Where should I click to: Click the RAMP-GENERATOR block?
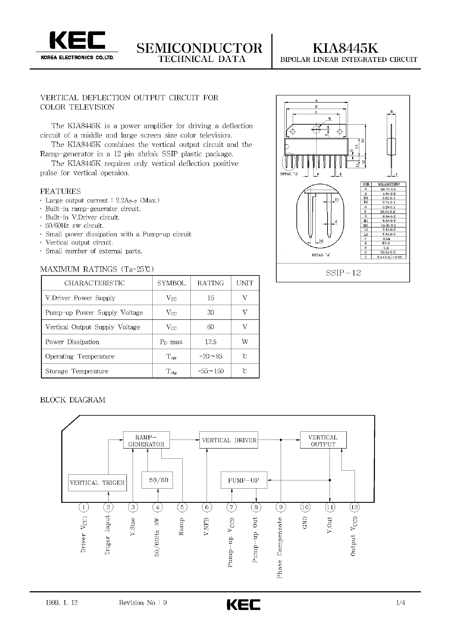146,440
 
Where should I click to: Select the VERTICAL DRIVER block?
229,440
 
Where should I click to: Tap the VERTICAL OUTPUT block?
323,440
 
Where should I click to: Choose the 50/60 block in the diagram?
157,480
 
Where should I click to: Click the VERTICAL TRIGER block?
97,483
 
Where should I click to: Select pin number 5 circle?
182,507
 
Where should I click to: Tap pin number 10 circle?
305,507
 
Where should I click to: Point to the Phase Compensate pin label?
280,548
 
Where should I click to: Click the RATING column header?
211,283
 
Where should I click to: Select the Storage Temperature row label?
77,371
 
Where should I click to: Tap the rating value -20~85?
211,356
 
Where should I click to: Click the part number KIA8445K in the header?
345,48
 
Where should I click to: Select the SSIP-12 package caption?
343,273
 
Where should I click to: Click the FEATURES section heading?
61,191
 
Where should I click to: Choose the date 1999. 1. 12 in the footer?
61,603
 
